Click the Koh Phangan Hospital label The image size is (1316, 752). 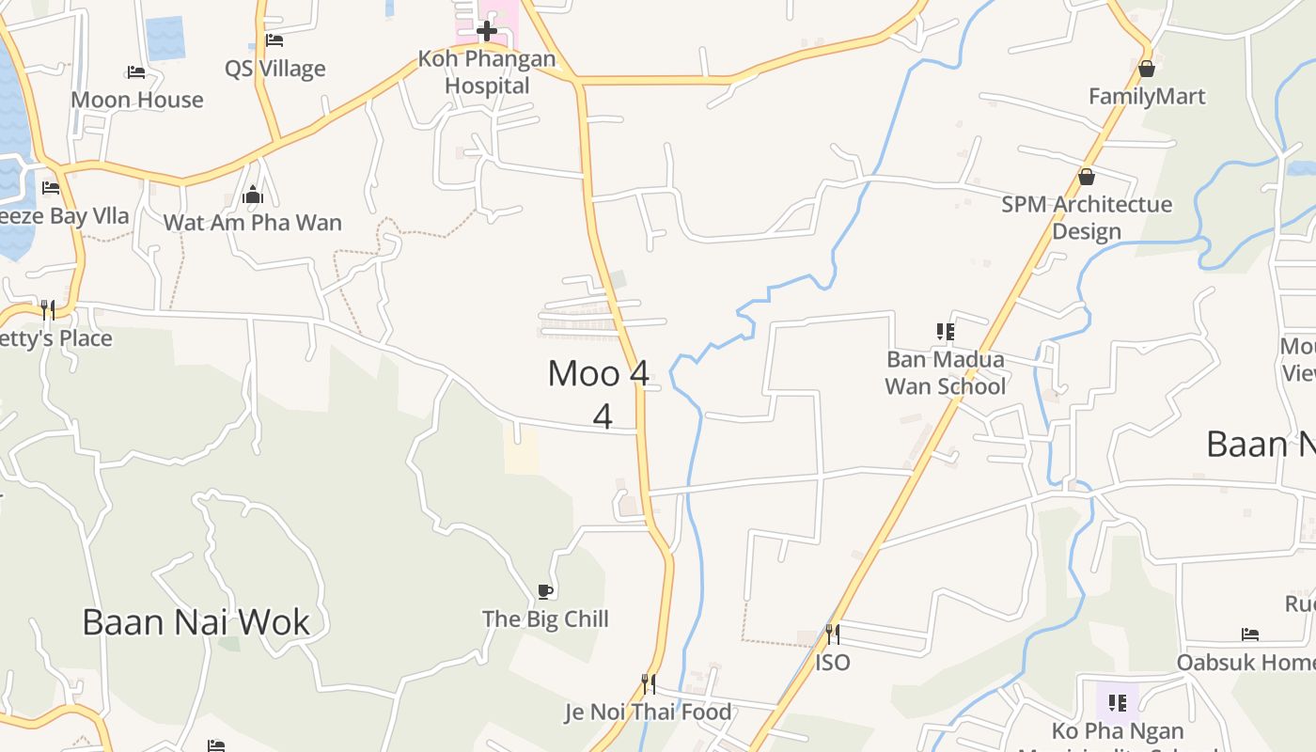coord(487,72)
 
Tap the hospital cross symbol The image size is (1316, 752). coord(487,32)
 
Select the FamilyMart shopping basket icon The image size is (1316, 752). coord(1146,69)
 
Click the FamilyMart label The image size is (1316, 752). coord(1147,96)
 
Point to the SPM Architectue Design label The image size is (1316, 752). coord(1087,217)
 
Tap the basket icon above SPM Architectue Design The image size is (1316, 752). coord(1087,177)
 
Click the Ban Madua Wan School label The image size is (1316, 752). coord(946,372)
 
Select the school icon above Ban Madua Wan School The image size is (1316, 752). coord(946,331)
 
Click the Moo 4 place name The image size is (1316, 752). coord(599,373)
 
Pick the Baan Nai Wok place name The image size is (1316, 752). coord(196,622)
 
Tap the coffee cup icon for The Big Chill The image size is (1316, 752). coord(545,591)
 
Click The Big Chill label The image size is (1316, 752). coord(545,619)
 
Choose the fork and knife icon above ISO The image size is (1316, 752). coord(832,634)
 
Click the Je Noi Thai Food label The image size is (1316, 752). coord(648,712)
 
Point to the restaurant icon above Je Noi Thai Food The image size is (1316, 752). coord(648,683)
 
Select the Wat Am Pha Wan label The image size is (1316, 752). coord(253,223)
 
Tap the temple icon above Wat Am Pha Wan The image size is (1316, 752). coord(253,196)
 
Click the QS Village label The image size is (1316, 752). coord(275,69)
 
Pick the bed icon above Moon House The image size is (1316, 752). coord(136,72)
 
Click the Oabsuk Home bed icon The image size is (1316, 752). coord(1249,634)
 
